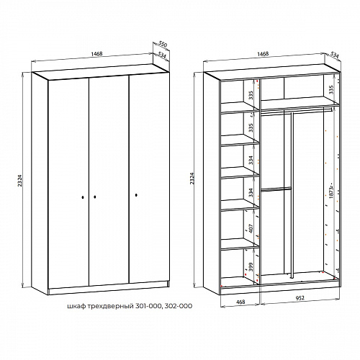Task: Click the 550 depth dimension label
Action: [x=163, y=44]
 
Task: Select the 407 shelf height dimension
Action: [x=251, y=228]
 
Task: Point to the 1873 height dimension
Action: [x=331, y=192]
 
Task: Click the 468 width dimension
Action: [x=240, y=302]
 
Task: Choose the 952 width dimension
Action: [x=300, y=298]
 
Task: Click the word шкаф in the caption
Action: [x=76, y=306]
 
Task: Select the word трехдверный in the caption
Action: [x=110, y=307]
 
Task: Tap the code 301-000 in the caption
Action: [x=149, y=306]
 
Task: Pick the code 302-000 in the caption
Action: [x=179, y=306]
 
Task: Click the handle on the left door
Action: [x=83, y=197]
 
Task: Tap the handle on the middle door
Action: [x=95, y=197]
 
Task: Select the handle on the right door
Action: [x=136, y=195]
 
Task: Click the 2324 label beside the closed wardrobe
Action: [x=20, y=181]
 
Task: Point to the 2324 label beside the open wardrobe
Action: [x=192, y=179]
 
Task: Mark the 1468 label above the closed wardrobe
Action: [x=97, y=54]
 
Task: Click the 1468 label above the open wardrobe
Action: [x=263, y=54]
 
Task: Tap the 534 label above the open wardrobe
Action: [x=334, y=55]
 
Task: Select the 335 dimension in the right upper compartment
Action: [x=331, y=89]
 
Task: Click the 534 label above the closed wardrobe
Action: [x=163, y=55]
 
